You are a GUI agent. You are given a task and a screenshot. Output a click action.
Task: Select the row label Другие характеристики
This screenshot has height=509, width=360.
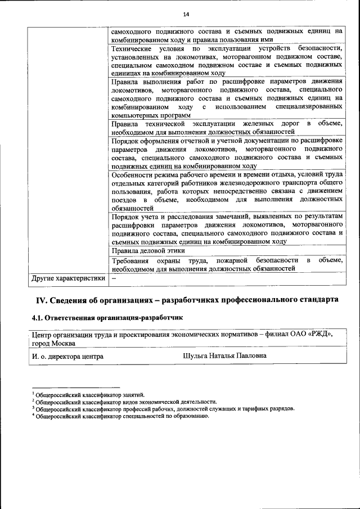click(x=68, y=278)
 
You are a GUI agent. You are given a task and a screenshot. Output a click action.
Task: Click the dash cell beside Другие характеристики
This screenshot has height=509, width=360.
click(x=114, y=278)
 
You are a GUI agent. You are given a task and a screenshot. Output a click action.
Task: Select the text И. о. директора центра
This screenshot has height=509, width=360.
click(x=67, y=356)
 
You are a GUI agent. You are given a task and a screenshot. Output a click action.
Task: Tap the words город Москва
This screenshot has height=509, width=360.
click(x=55, y=343)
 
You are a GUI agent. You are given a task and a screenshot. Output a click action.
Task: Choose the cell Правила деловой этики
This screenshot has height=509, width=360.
click(x=148, y=251)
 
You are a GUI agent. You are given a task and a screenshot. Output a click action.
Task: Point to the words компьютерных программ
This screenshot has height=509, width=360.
click(x=147, y=114)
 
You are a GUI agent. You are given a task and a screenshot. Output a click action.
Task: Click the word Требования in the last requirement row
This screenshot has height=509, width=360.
click(x=130, y=260)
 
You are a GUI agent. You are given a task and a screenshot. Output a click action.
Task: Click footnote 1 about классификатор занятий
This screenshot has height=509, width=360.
click(x=90, y=395)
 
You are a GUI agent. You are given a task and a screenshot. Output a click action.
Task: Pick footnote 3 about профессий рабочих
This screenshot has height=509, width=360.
click(x=163, y=409)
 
